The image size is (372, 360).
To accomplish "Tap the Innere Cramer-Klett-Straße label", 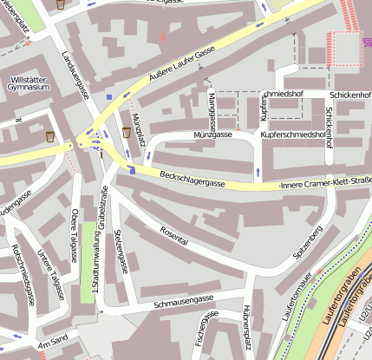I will (x=325, y=183).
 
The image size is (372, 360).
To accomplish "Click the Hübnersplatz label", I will (x=245, y=331).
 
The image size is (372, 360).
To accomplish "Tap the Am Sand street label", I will (x=47, y=341).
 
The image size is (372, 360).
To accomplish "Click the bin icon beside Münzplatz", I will (x=127, y=133).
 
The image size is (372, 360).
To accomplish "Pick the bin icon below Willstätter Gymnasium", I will (x=50, y=136).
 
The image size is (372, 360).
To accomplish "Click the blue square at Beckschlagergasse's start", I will (x=132, y=171).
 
